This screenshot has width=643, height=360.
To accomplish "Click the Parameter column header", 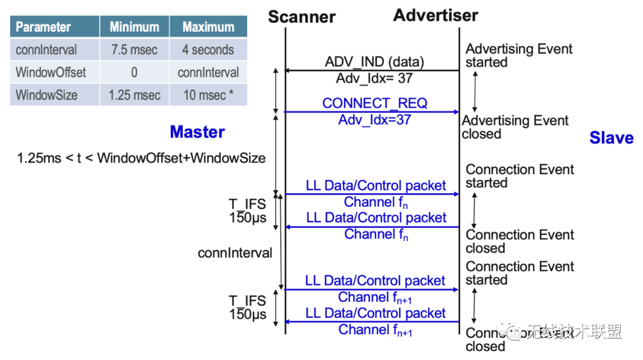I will point(43,27).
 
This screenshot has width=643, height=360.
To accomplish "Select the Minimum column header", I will point(134,27).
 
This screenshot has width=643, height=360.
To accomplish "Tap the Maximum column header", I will point(208,27).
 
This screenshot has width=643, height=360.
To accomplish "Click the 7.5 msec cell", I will point(134,50).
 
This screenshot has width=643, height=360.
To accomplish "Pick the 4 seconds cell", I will point(208,50).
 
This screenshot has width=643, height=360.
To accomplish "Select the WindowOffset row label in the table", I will point(51,73).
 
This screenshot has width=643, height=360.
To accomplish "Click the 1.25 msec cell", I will point(134,95).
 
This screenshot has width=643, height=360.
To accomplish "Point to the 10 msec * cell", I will point(204,95).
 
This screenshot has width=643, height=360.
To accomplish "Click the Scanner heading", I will point(301,17).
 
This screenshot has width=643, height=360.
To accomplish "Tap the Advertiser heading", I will point(435,15).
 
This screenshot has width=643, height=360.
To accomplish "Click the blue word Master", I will point(197,132).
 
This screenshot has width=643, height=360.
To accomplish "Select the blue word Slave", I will point(611,138).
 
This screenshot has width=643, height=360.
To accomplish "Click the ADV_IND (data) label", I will point(374,62).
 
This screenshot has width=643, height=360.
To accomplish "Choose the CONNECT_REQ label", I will point(374,103).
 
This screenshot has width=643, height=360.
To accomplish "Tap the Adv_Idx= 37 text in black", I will point(374,79).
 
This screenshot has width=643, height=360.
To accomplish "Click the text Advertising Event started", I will point(519,55).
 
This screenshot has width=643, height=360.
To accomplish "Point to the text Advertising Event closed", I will point(515,127).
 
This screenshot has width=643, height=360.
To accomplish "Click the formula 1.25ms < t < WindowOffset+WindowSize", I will point(141,158).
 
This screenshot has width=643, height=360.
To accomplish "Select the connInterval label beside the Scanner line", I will point(235,253).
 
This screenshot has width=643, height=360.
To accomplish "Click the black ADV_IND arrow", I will point(372,71).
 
